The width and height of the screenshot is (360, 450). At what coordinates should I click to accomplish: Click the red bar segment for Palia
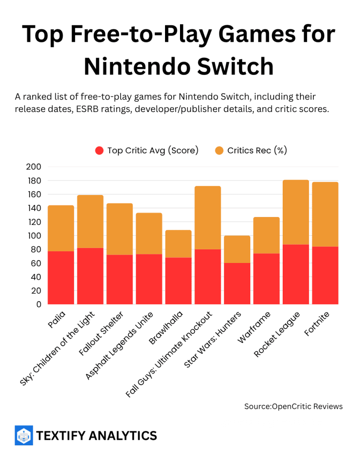pos(61,278)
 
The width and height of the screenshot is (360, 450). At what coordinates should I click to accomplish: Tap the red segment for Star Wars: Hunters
pos(237,284)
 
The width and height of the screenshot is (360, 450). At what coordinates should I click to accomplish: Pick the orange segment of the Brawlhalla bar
pos(178,244)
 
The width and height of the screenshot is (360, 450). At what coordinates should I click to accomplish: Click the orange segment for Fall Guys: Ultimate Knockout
pos(208,217)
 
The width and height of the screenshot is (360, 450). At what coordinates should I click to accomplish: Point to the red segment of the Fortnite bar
pos(325,276)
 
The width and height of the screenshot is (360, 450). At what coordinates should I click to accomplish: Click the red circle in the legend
pos(99,150)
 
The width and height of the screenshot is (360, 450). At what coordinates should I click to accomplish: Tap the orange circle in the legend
pos(219,150)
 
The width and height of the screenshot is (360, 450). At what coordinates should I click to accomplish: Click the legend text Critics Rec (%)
pos(257,150)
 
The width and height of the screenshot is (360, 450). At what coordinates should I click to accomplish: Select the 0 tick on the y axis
pos(38,304)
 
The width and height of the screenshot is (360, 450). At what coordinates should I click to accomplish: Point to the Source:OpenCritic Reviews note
pos(293,406)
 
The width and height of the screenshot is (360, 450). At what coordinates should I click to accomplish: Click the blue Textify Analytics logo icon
pos(23,435)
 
